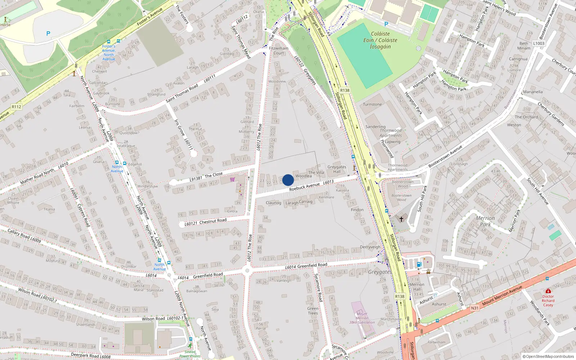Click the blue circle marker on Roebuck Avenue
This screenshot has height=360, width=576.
[288, 180]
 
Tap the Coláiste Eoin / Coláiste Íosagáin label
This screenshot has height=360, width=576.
[380, 40]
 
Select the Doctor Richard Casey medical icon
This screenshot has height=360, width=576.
[548, 291]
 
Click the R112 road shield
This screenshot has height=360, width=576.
[17, 107]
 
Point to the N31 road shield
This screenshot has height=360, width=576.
[475, 308]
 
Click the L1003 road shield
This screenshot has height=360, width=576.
[539, 43]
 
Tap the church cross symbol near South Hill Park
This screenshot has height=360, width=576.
[401, 219]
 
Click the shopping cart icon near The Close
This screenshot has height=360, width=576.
[233, 179]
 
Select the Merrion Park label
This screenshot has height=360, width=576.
[485, 221]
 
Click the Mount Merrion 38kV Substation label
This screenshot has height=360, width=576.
[362, 318]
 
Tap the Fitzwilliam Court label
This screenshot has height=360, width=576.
[279, 50]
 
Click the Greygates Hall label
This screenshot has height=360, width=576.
[337, 169]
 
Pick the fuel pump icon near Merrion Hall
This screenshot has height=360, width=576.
[419, 265]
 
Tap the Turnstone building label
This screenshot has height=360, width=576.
[372, 104]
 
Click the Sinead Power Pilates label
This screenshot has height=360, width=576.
[190, 354]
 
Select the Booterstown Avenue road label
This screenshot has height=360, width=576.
[445, 157]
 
